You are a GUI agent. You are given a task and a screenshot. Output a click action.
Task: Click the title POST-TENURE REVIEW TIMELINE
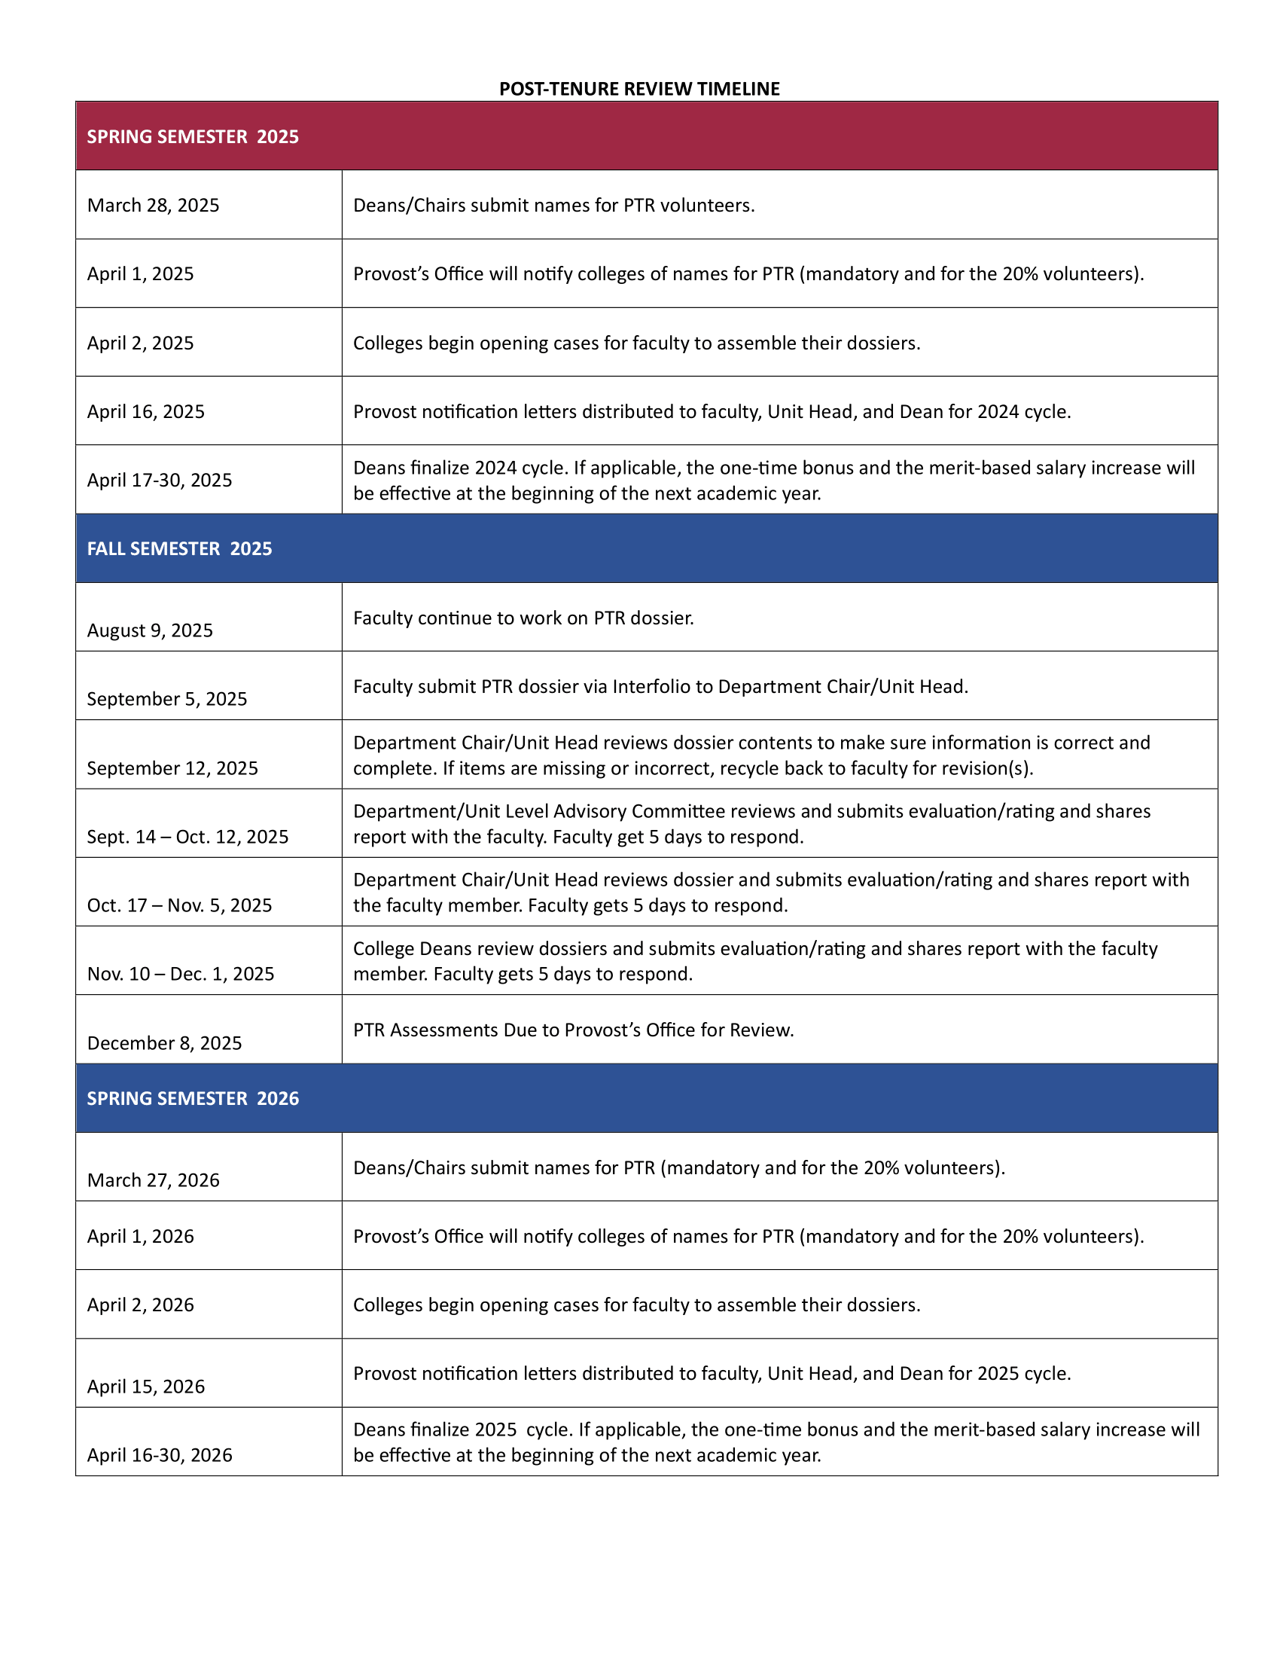coord(639,89)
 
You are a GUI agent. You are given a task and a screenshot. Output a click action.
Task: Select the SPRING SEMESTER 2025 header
coord(193,136)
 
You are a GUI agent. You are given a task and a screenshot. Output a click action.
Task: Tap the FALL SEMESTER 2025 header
coord(179,548)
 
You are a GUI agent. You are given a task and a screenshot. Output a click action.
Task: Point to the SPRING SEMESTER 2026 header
coord(193,1098)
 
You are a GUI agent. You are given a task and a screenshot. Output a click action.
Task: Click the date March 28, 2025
coord(153,205)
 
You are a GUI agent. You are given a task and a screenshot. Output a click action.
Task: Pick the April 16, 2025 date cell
coord(145,411)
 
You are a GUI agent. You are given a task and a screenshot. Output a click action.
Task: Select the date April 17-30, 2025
coord(159,480)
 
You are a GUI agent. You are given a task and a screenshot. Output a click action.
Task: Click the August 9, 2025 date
coord(150,630)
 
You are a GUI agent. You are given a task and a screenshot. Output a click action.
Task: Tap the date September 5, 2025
coord(167,699)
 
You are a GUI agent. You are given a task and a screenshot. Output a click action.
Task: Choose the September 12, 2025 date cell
coord(172,767)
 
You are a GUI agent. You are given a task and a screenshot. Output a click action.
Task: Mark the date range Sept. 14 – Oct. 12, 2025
coord(187,836)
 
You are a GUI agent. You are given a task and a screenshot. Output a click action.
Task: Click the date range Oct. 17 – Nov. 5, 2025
coord(179,905)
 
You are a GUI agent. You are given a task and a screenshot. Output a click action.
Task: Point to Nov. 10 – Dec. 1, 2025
coord(181,973)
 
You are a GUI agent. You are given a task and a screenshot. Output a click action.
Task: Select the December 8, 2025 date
coord(165,1042)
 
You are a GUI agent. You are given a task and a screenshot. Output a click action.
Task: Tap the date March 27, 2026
coord(153,1179)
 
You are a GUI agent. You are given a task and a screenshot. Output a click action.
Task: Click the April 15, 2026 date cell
coord(145,1386)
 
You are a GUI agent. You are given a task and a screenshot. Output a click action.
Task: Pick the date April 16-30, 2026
coord(159,1454)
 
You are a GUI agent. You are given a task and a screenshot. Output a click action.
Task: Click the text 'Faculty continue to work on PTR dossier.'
coord(523,618)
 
